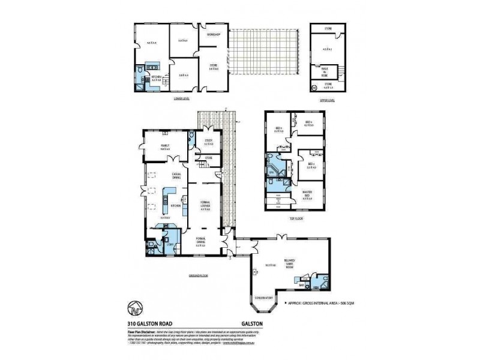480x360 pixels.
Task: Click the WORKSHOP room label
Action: click(x=214, y=35)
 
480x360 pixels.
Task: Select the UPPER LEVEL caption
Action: click(x=327, y=100)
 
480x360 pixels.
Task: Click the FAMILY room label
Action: click(x=164, y=146)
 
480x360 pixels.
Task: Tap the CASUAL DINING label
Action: click(x=176, y=175)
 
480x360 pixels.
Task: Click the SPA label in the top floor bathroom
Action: click(x=271, y=173)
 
